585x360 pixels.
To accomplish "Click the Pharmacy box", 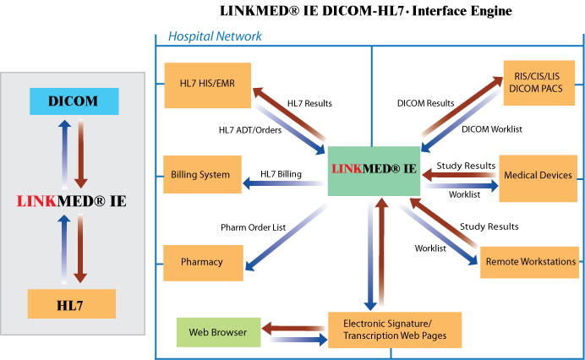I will point(201,262).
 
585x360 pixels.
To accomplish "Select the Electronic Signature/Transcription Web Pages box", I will point(395,330).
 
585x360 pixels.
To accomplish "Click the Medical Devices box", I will point(537,175).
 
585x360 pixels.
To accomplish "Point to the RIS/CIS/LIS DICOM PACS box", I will point(538,83).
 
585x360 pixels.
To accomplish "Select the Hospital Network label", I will point(215,36).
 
